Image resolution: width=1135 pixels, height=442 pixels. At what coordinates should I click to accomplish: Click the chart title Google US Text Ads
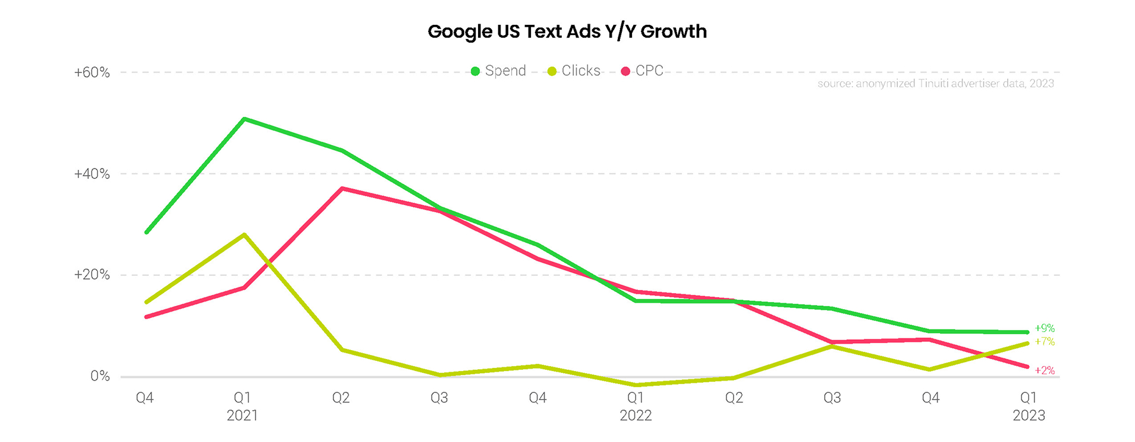click(x=567, y=31)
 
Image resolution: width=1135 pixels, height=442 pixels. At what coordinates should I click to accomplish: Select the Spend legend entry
click(x=498, y=71)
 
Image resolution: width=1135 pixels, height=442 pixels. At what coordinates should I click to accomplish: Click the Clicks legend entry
click(x=574, y=71)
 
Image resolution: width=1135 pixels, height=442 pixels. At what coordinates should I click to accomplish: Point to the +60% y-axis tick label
click(x=92, y=73)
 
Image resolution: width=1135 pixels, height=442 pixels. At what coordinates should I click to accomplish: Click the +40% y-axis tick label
click(x=92, y=174)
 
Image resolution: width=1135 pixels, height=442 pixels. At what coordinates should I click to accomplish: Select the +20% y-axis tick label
click(x=92, y=275)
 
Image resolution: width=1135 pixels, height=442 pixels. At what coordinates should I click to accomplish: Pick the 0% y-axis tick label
click(x=100, y=376)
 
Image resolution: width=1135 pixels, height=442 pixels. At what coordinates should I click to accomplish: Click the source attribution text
click(x=936, y=84)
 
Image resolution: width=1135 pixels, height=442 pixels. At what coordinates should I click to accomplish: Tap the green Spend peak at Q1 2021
click(x=244, y=119)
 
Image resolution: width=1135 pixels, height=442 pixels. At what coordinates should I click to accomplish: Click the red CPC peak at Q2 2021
click(x=343, y=188)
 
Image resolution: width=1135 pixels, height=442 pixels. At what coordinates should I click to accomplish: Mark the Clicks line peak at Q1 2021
click(x=244, y=234)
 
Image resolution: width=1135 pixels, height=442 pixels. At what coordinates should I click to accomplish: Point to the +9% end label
click(x=1044, y=328)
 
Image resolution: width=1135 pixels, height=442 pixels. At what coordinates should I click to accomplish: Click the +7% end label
click(x=1044, y=342)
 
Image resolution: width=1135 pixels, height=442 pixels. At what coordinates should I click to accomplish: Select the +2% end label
click(x=1044, y=370)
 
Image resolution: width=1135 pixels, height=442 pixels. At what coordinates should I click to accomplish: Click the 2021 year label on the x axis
click(x=242, y=416)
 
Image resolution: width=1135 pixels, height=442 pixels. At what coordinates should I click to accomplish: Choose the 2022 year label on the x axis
click(x=636, y=416)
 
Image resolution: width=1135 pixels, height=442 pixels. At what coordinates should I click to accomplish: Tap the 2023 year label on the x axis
click(x=1029, y=416)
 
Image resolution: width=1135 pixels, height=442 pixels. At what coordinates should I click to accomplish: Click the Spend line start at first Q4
click(x=146, y=232)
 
